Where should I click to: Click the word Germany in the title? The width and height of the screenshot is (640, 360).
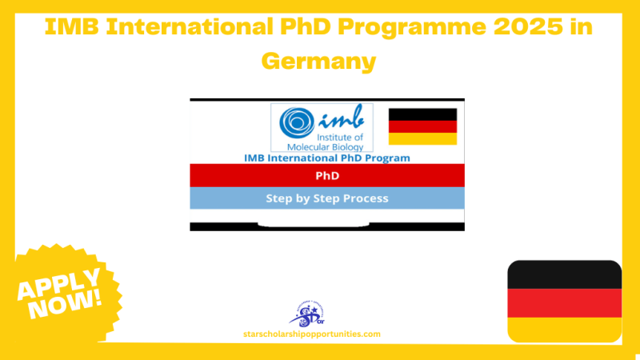pos(320,60)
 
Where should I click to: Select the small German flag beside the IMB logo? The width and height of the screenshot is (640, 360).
pos(422,126)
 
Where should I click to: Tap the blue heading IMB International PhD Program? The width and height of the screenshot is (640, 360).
pos(326,158)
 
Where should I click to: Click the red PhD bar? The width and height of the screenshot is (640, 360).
pos(326,174)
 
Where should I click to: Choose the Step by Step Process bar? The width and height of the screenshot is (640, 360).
pos(326,198)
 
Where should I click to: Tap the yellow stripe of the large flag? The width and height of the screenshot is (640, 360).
pos(564,329)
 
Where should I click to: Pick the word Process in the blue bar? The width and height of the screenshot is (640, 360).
pos(362,198)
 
